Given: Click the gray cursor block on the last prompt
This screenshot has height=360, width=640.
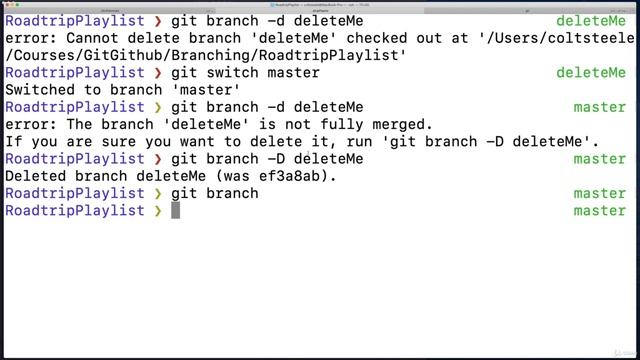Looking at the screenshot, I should pyautogui.click(x=176, y=210).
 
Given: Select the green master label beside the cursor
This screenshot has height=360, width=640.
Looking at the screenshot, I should pyautogui.click(x=599, y=211).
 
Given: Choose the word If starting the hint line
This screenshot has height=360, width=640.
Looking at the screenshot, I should pyautogui.click(x=13, y=141).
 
